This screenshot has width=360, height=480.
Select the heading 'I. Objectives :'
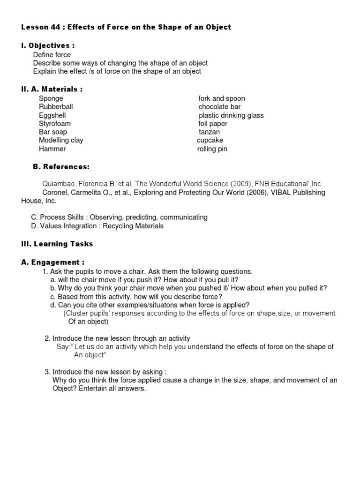click(x=48, y=45)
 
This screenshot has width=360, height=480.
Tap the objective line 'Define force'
click(x=52, y=55)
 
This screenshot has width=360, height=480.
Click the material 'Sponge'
click(x=51, y=98)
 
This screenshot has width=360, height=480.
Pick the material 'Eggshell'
click(x=52, y=115)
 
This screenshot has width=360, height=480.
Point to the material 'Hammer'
click(x=52, y=149)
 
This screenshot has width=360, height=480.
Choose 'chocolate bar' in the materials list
click(x=219, y=107)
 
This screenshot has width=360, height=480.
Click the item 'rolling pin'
click(x=212, y=149)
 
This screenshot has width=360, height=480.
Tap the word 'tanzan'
click(x=209, y=132)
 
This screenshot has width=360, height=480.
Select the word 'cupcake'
click(x=210, y=141)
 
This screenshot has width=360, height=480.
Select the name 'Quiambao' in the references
click(x=59, y=184)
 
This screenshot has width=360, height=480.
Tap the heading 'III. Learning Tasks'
click(x=57, y=244)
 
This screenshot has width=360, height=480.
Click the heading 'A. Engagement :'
click(x=53, y=262)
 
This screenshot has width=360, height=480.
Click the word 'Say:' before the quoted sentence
click(x=64, y=347)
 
